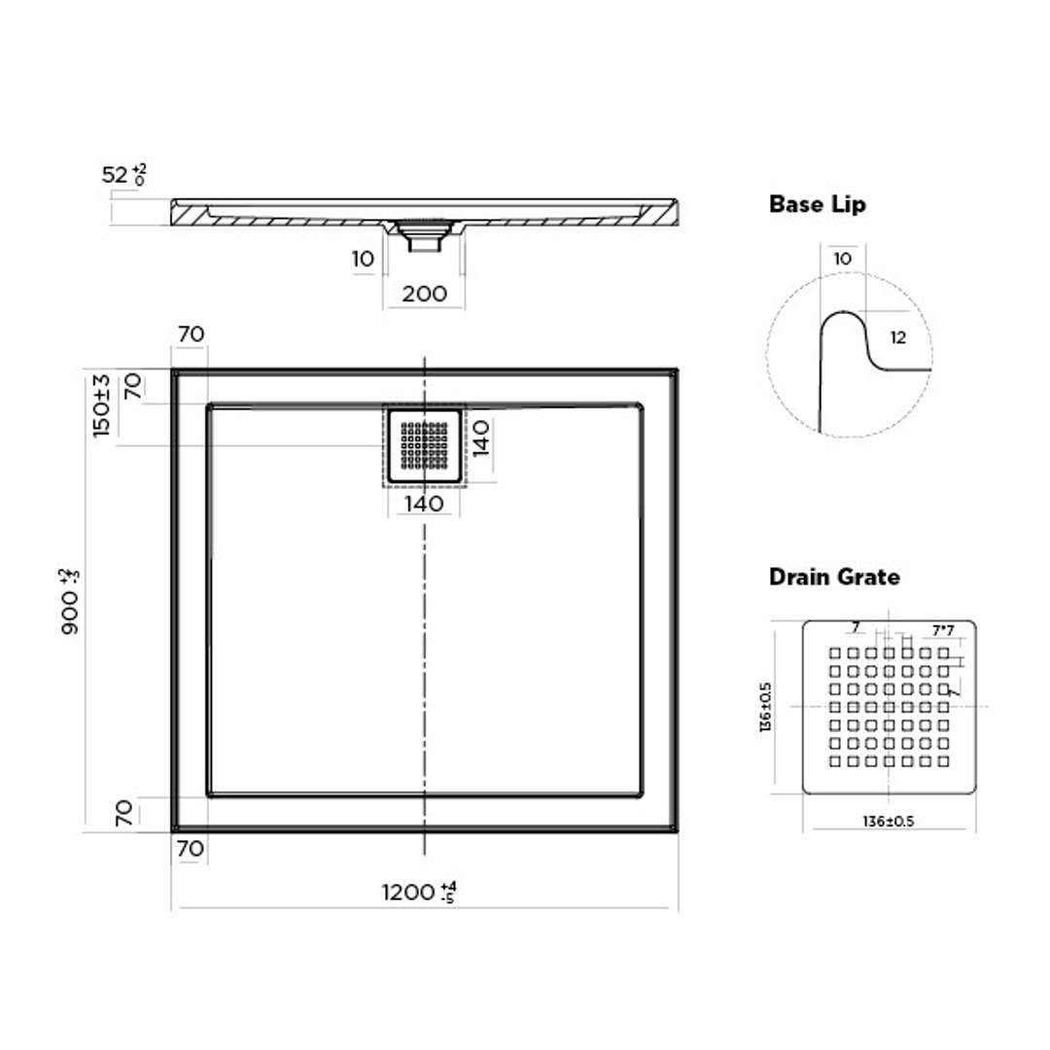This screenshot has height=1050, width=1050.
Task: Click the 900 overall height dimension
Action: click(71, 602)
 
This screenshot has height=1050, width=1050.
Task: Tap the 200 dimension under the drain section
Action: click(424, 293)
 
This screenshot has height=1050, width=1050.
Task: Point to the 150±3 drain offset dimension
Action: click(102, 404)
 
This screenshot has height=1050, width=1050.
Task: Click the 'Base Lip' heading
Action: click(817, 204)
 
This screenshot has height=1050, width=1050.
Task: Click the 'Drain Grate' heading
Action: click(834, 577)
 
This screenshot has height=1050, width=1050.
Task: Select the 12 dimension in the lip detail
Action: click(897, 338)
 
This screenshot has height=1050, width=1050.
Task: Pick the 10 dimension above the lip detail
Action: click(842, 259)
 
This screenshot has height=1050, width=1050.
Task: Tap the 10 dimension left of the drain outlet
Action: click(363, 259)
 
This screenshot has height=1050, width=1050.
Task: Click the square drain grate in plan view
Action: click(424, 446)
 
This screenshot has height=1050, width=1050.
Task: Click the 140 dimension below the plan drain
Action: click(424, 504)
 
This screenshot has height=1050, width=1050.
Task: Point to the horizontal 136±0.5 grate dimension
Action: click(888, 822)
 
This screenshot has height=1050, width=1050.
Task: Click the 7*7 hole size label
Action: click(941, 631)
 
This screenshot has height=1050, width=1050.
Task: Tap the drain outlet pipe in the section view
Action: click(424, 238)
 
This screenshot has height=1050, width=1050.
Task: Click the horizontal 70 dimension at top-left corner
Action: click(191, 333)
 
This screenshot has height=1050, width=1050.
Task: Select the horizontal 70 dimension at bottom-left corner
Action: click(191, 849)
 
